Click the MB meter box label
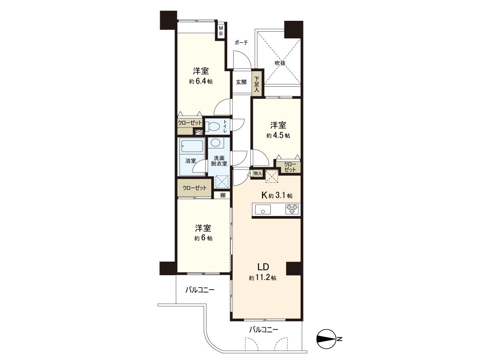pyautogui.click(x=220, y=31)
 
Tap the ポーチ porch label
pyautogui.click(x=241, y=42)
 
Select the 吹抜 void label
pyautogui.click(x=280, y=63)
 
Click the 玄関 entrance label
pyautogui.click(x=241, y=82)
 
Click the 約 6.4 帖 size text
pyautogui.click(x=201, y=81)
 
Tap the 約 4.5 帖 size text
pyautogui.click(x=278, y=135)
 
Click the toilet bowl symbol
pyautogui.click(x=213, y=127)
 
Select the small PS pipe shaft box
pyautogui.click(x=199, y=132)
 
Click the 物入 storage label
pyautogui.click(x=257, y=173)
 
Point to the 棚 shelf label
pyautogui.click(x=222, y=195)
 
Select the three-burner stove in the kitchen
pyautogui.click(x=292, y=208)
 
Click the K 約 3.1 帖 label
pyautogui.click(x=276, y=195)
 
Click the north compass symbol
pyautogui.click(x=327, y=339)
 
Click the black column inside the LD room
pyautogui.click(x=293, y=268)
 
